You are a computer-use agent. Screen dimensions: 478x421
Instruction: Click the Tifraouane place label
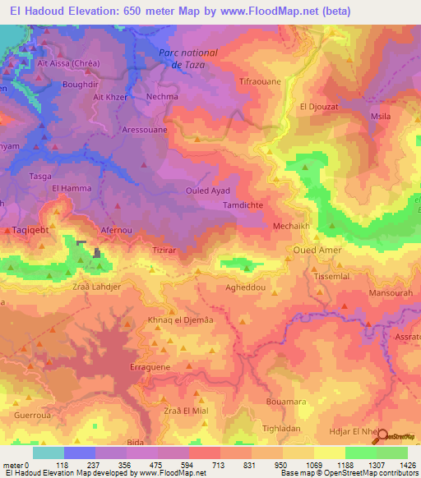[260, 83]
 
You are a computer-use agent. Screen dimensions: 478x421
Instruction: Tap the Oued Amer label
[315, 249]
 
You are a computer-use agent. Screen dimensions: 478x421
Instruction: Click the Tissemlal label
[331, 276]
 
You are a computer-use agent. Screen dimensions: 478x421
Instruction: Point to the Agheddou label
[245, 289]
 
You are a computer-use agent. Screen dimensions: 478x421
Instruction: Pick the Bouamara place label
[286, 402]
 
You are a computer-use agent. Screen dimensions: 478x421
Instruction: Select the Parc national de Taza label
[187, 58]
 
